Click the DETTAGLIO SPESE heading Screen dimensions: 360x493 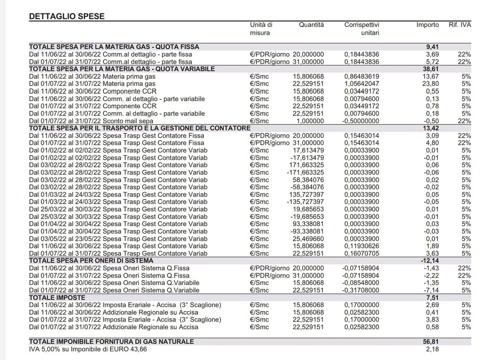pos(67,16)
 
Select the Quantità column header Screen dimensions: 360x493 pos(311,25)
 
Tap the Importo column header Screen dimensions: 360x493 pos(428,25)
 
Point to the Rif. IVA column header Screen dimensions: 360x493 pos(459,25)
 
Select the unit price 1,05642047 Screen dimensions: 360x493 pos(362,84)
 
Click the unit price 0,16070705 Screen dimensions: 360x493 pos(362,253)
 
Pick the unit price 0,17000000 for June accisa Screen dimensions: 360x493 pos(362,305)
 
